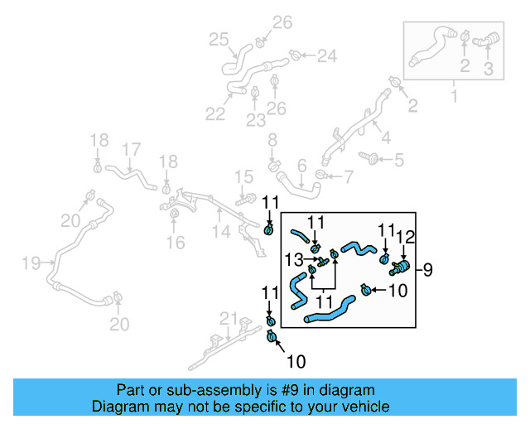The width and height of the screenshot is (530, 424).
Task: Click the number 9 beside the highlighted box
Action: tap(429, 269)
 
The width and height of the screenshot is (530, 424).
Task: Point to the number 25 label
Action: tap(218, 39)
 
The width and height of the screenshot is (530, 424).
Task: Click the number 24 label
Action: tap(326, 56)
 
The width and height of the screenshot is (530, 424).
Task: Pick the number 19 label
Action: tap(31, 263)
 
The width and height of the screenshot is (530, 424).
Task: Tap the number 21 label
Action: tap(229, 319)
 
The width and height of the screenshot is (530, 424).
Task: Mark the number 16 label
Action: tap(175, 243)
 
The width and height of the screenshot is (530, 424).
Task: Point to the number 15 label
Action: tap(243, 176)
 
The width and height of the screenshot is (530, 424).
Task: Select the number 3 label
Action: tap(488, 70)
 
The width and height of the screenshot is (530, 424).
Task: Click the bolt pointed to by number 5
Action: tap(369, 158)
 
